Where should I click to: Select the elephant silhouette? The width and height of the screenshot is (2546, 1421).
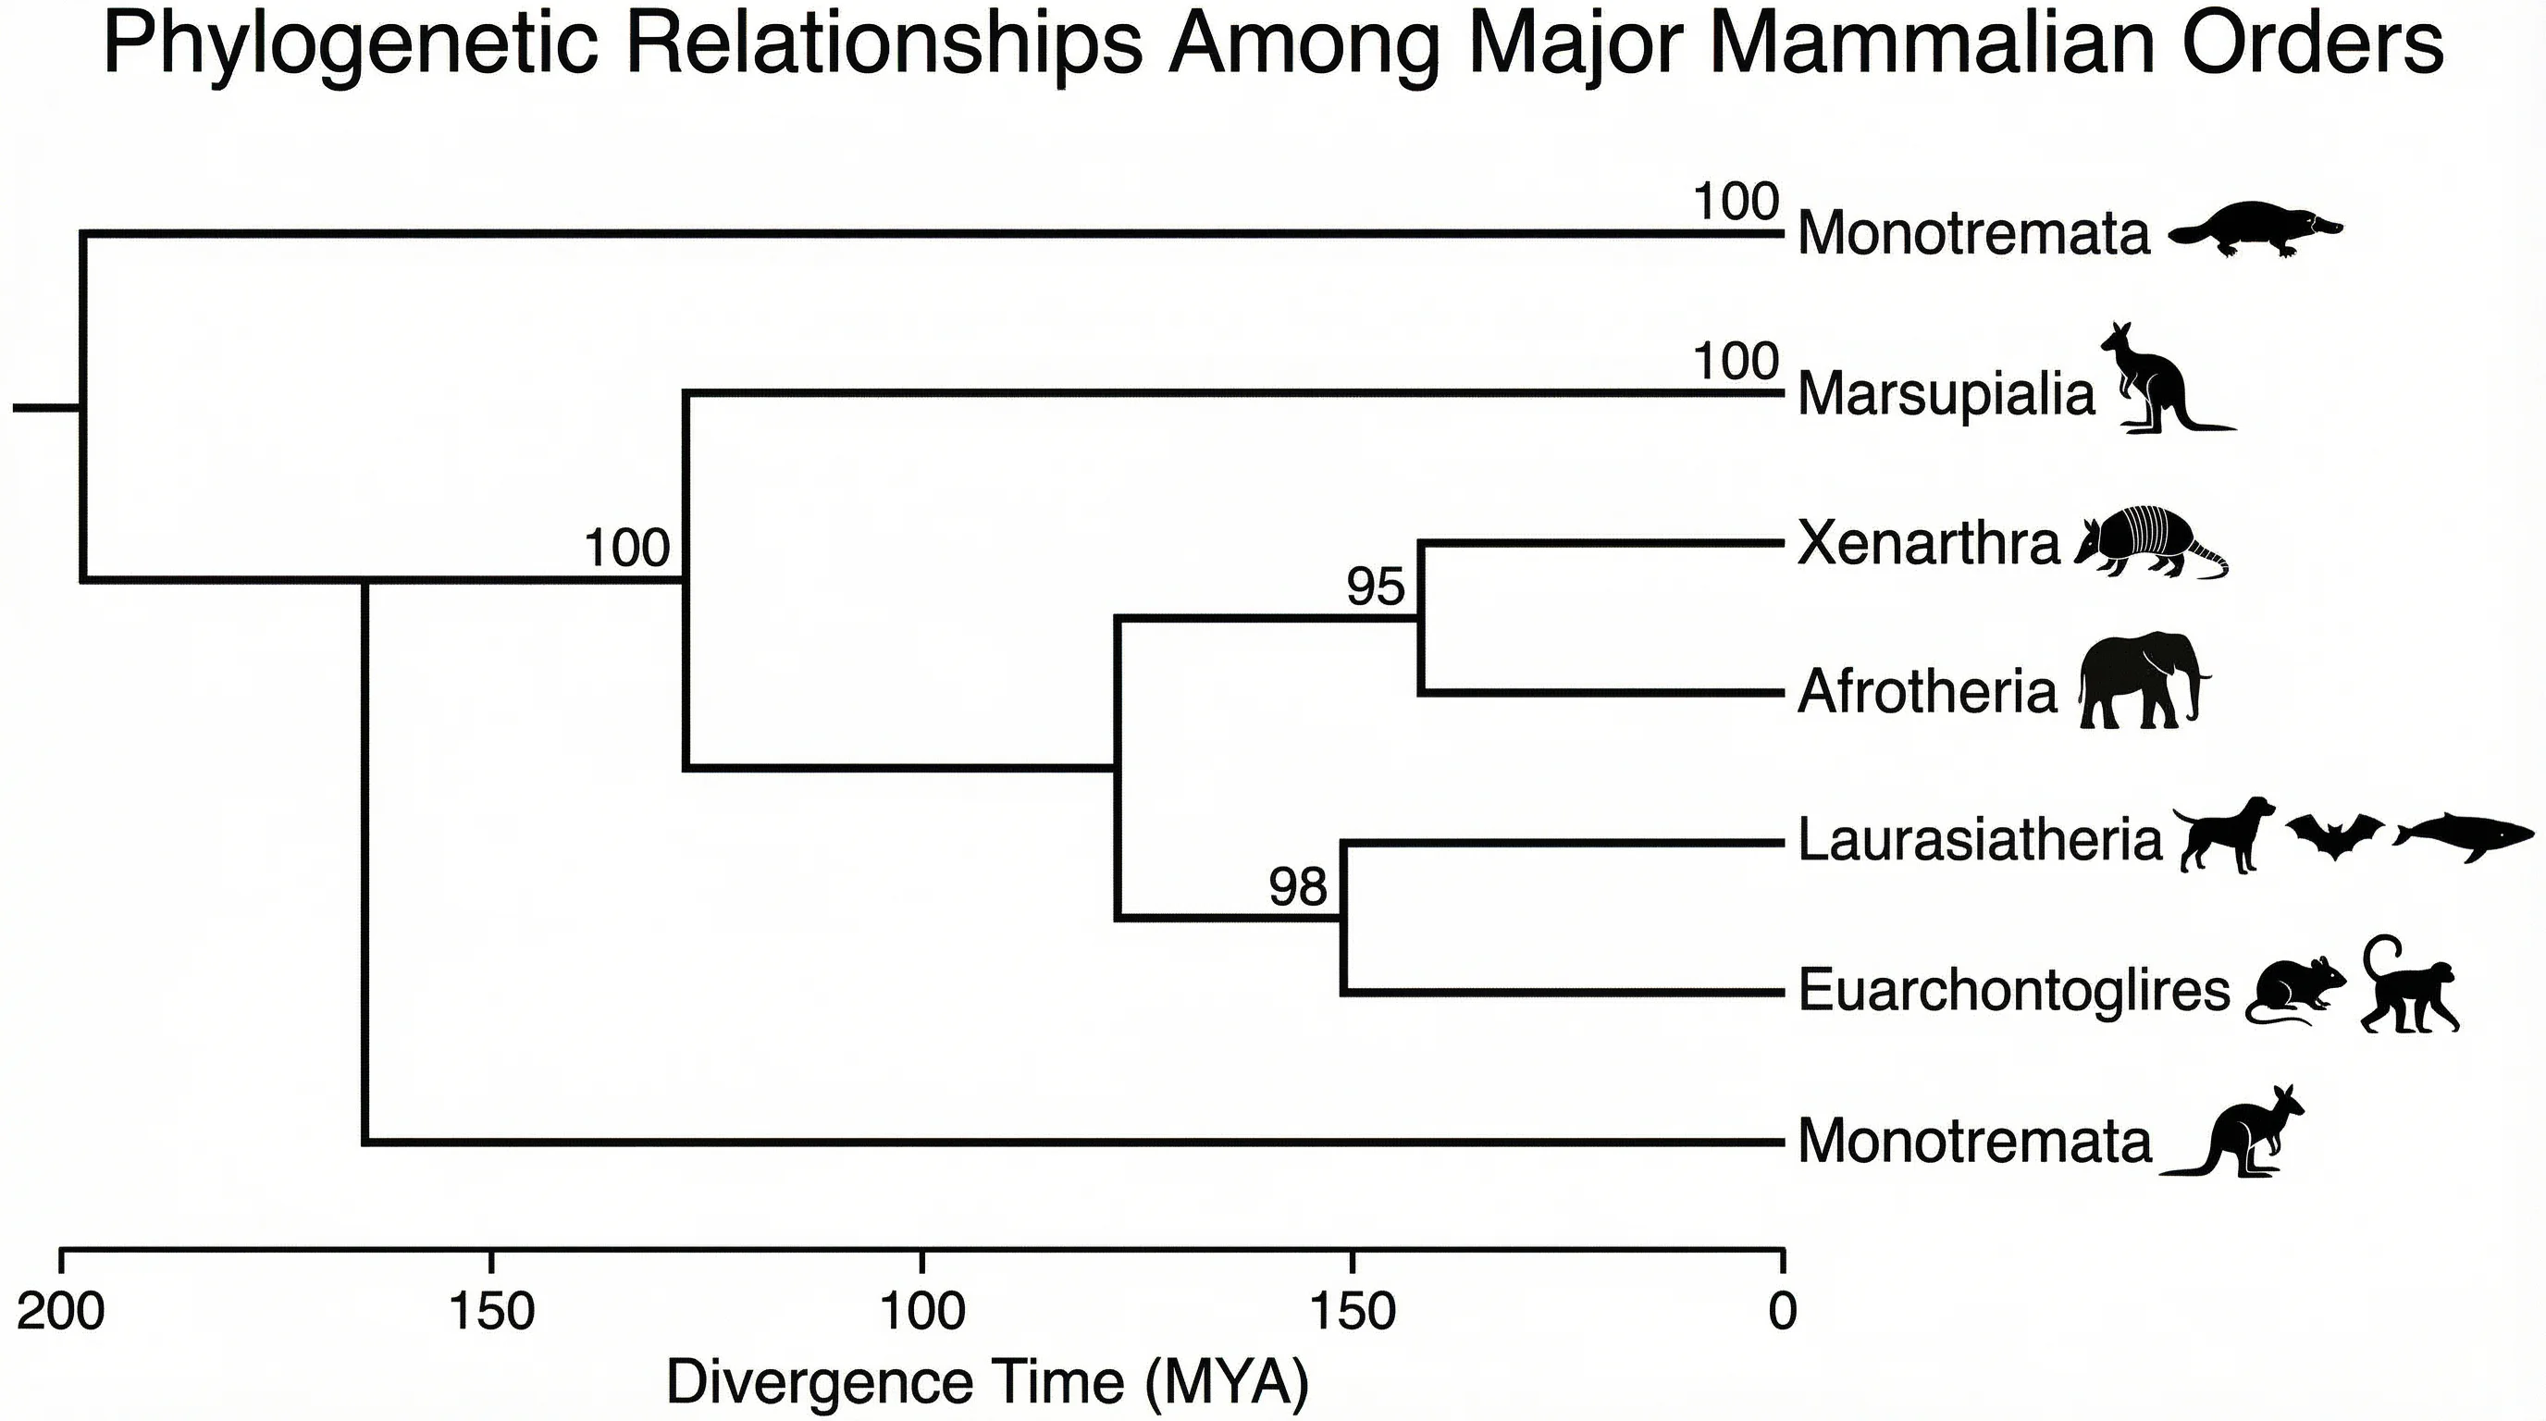[x=2141, y=683]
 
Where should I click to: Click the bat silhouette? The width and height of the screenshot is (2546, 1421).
[x=2334, y=835]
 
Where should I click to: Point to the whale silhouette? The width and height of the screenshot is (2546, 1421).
[x=2463, y=840]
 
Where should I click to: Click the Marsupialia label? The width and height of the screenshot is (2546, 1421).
[x=1945, y=394]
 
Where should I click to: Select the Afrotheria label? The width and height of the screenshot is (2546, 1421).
[x=1926, y=692]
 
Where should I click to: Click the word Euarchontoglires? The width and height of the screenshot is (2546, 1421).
[x=2013, y=990]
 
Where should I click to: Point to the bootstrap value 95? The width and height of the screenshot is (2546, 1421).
[x=1375, y=587]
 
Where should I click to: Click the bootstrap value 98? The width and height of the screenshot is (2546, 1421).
[x=1297, y=886]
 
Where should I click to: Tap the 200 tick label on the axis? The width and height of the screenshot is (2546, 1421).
[x=60, y=1313]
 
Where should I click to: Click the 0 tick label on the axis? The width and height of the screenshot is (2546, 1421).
[x=1782, y=1313]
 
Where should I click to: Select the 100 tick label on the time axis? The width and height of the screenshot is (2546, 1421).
[x=921, y=1313]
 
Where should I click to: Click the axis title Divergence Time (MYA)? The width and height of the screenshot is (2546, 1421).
[x=986, y=1381]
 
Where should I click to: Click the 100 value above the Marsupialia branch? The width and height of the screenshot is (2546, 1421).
[x=1736, y=362]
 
